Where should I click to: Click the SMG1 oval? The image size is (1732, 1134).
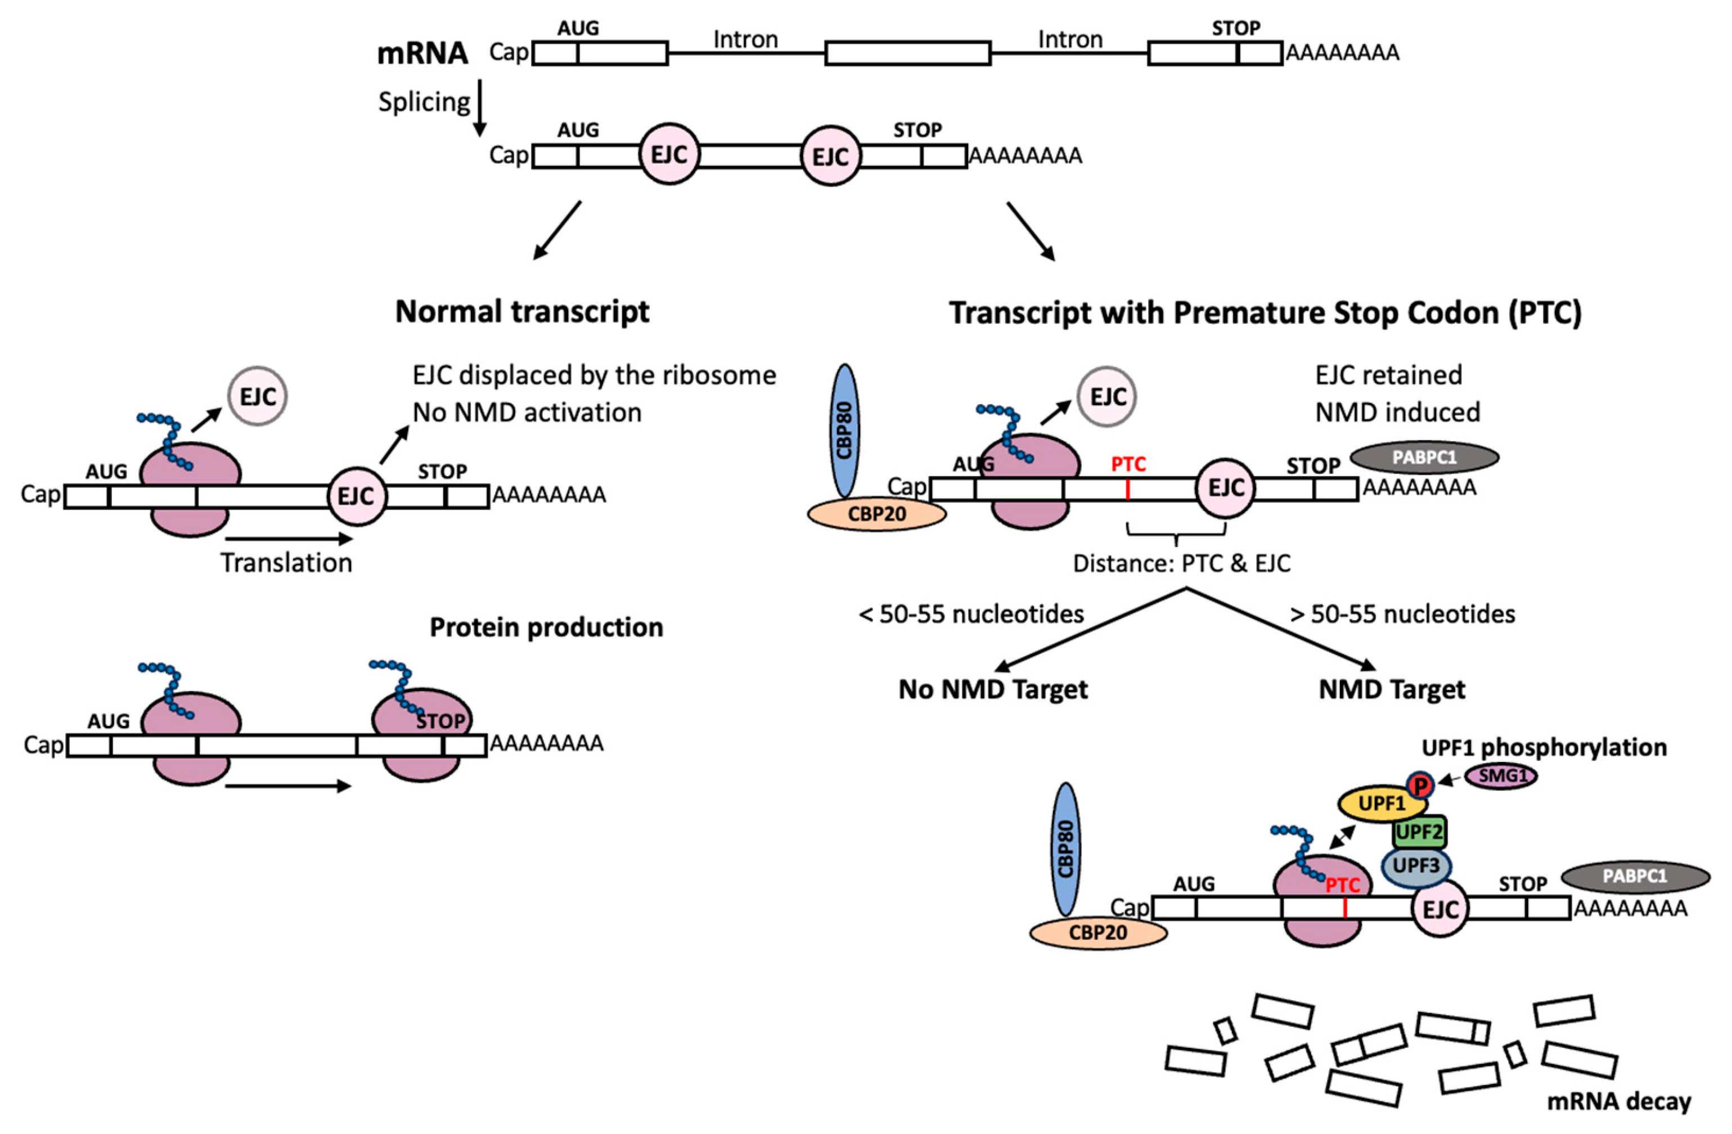point(1502,776)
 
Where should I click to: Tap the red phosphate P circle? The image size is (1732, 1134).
point(1419,785)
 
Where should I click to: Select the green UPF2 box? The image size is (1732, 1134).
point(1419,831)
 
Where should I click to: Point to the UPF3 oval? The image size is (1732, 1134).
point(1415,866)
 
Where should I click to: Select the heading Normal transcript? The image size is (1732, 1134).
point(522,312)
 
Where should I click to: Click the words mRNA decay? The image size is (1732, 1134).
point(1618,1101)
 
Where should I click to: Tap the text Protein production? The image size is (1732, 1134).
point(546,627)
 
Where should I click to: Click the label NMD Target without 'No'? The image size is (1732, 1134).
point(1392,689)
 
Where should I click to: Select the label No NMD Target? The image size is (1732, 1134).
point(993,689)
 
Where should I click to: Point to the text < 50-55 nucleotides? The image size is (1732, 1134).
point(971,615)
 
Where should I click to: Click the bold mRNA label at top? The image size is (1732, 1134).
point(422,53)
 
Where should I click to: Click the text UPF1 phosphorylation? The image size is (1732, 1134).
point(1544,747)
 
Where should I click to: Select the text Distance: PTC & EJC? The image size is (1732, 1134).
point(1181,563)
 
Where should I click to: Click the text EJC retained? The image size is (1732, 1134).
point(1388,375)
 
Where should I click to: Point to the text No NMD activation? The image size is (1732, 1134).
point(527,413)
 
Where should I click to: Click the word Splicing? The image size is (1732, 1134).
point(424,102)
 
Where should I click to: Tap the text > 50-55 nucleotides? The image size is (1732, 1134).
point(1402,615)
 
